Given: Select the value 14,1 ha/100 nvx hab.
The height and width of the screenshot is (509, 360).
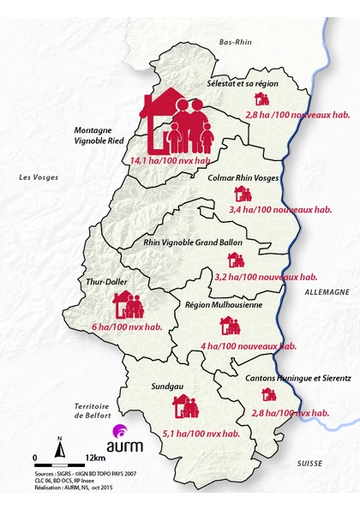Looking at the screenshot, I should tap(171, 160).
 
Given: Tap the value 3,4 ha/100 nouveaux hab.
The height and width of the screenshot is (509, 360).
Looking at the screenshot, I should tap(281, 208).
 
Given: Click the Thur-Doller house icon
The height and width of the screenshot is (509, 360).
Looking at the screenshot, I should tap(129, 305).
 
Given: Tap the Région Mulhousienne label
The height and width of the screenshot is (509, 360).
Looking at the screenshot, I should tap(224, 304).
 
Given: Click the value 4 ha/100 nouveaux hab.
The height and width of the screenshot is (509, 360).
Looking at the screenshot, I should tap(249, 346).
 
